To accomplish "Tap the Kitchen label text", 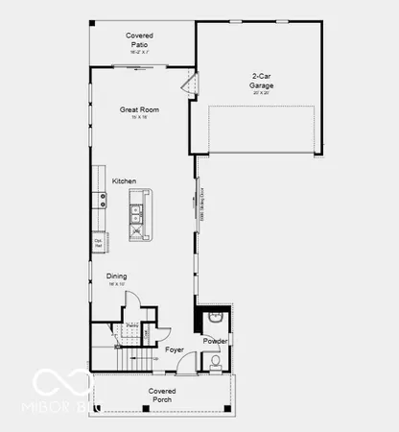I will coord(124,181).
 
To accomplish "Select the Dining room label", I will coord(117,276).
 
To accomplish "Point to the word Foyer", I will coord(174,349).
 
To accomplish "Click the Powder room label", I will coord(215,341).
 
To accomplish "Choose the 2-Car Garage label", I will coord(262,81).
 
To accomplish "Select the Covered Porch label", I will coord(162,395).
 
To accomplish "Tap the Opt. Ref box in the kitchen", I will coord(98,244).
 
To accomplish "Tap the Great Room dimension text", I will coord(139,117).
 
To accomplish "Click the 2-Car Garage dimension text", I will coord(262,94).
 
